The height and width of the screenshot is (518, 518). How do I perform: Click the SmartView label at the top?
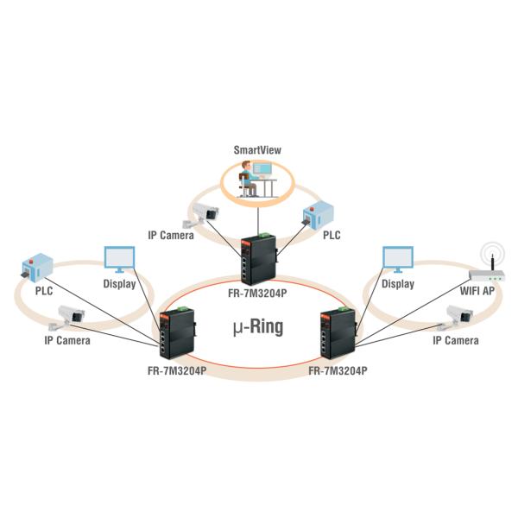(258, 150)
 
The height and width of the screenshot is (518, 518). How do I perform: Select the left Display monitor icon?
(119, 260)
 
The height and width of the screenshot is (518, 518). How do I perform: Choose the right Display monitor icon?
(398, 260)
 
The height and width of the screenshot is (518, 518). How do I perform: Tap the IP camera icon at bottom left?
(67, 318)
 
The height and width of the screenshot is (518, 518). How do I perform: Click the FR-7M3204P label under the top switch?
(259, 292)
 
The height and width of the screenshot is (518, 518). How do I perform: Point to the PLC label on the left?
(44, 292)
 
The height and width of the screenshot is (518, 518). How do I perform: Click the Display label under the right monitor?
(397, 283)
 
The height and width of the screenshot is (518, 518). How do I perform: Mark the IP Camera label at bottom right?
(455, 341)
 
